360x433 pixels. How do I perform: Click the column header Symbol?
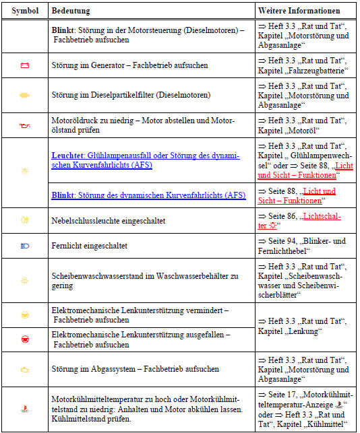pyautogui.click(x=24, y=11)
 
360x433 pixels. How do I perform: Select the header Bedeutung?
pyautogui.click(x=71, y=11)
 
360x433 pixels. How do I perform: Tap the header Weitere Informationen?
pyautogui.click(x=297, y=11)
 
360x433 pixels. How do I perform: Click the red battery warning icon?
pyautogui.click(x=25, y=65)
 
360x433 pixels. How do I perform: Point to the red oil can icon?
pyautogui.click(x=25, y=125)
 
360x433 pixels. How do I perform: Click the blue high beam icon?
pyautogui.click(x=25, y=246)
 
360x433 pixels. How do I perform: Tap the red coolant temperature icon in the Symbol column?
pyautogui.click(x=25, y=408)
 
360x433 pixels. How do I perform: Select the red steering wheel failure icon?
pyautogui.click(x=25, y=339)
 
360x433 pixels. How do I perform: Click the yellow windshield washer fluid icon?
pyautogui.click(x=25, y=280)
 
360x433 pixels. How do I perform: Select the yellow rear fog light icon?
pyautogui.click(x=25, y=220)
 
